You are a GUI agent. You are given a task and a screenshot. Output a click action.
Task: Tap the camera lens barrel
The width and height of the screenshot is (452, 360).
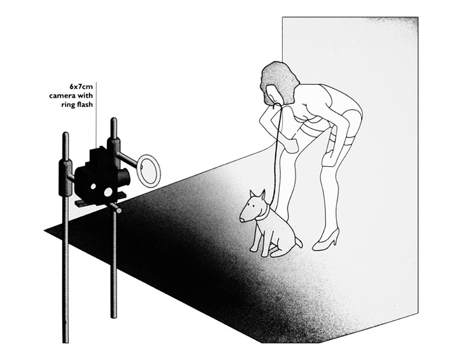[x=124, y=176]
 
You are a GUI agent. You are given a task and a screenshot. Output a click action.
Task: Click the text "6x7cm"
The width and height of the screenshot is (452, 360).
[x=81, y=86]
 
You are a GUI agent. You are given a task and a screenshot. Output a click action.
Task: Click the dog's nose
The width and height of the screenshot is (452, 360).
[x=242, y=220]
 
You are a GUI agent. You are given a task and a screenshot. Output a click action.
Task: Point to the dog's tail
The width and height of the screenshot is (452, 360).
[x=298, y=242]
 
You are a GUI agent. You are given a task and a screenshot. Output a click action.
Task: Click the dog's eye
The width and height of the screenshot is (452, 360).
[x=253, y=206]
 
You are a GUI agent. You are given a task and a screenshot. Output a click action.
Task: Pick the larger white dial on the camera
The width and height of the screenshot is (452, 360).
[x=109, y=192]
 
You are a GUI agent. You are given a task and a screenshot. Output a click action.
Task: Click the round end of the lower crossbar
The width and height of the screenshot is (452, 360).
[x=118, y=209]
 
